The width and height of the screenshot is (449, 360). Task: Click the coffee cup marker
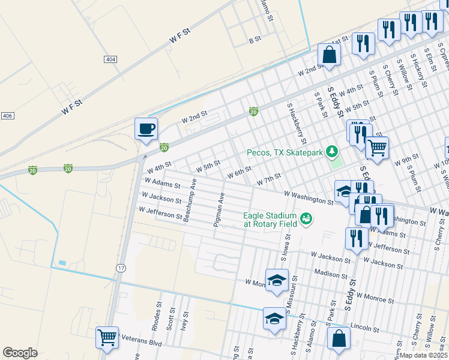coord(145,129)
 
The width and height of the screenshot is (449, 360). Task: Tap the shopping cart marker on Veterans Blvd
coord(107,337)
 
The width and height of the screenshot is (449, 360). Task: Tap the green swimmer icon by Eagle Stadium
coord(307,219)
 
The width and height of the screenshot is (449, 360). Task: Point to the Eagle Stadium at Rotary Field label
coord(270,220)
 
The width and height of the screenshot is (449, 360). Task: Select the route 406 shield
coord(7,115)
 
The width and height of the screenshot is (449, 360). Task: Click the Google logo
coord(20,353)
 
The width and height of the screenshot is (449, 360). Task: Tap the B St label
coord(255,40)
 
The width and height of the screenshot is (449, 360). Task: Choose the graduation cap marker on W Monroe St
coord(277,280)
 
